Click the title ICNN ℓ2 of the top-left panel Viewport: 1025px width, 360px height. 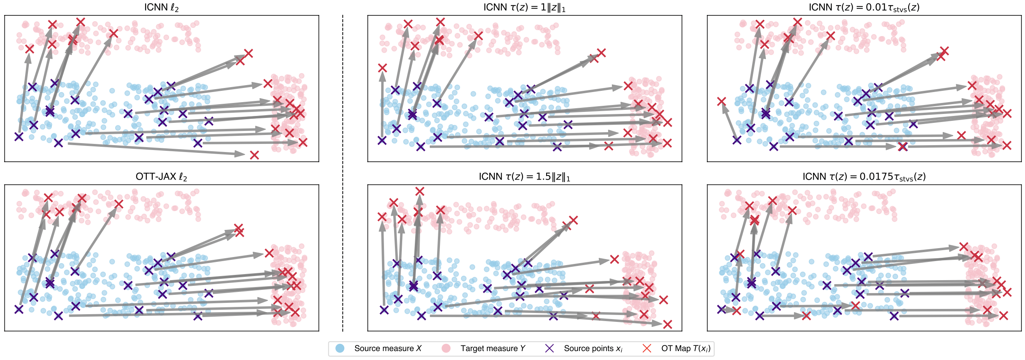coord(161,8)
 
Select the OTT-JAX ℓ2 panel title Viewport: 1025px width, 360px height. coord(161,177)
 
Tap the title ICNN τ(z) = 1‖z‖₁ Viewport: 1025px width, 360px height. coord(524,8)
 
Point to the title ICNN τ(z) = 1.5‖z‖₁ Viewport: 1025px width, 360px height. coord(524,177)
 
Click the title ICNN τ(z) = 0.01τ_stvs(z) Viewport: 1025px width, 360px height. coord(864,8)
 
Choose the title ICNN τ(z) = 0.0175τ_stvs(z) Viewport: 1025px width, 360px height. coord(864,177)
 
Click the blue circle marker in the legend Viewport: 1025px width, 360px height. coord(340,348)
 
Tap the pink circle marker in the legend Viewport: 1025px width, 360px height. coord(446,348)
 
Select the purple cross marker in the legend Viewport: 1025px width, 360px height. coord(549,348)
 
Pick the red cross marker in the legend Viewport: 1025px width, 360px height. coord(647,348)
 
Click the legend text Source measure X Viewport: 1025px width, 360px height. coord(388,348)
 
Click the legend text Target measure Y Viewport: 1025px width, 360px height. coord(493,348)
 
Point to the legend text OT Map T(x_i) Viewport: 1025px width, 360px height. coord(686,348)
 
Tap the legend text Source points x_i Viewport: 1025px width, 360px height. coord(593,348)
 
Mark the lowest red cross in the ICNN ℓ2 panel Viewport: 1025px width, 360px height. coord(254,155)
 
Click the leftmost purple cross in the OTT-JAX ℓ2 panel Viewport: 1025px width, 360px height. coord(19,309)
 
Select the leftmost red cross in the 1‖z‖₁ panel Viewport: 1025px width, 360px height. coord(382,68)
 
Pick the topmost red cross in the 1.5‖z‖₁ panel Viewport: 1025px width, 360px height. coord(420,191)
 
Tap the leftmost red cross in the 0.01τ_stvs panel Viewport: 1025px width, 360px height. coord(721,101)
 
